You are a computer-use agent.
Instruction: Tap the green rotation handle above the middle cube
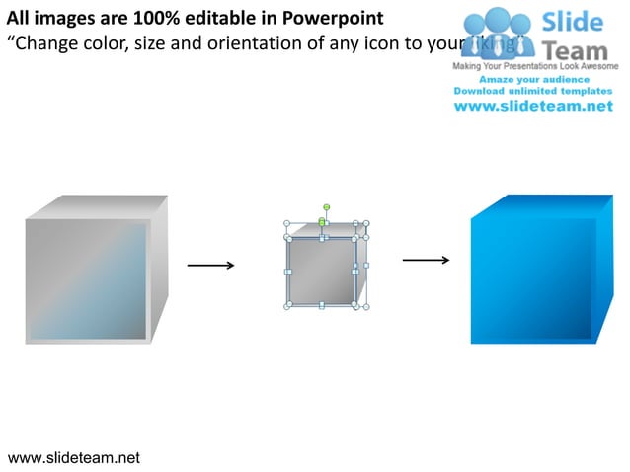[326, 208]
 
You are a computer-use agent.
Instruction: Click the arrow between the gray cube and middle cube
[210, 265]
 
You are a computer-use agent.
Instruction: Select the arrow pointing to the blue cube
[427, 261]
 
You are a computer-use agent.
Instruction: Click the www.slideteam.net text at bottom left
[74, 457]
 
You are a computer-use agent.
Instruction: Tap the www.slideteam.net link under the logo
[533, 107]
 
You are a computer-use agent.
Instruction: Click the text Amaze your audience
[532, 78]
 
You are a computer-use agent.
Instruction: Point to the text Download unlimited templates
[533, 90]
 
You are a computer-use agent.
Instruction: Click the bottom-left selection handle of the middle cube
[287, 307]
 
